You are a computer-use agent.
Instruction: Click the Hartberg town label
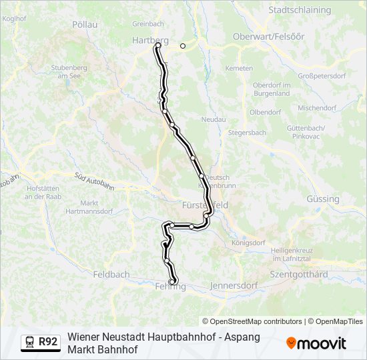coord(149,40)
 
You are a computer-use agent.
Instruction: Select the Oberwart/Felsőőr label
coord(274,37)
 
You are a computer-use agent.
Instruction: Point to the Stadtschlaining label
coord(300,11)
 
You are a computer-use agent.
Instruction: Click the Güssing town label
coord(322,199)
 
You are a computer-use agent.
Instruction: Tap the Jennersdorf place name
coord(234,285)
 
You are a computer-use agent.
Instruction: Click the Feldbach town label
coord(111,274)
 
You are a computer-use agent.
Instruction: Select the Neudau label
coord(214,119)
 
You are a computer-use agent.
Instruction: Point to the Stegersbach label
coord(247,133)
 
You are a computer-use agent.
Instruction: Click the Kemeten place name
coord(239,68)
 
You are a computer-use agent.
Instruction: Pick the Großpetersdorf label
coord(325,77)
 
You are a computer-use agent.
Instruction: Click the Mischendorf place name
coord(317,107)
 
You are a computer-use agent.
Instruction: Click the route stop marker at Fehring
coord(173,283)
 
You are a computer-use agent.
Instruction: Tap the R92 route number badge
coord(48,342)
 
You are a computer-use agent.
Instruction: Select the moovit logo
coord(316,343)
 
